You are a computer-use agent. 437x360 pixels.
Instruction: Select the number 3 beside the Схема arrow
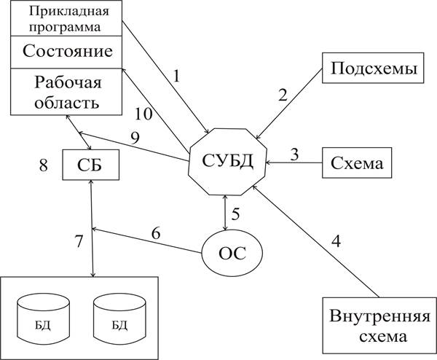294,154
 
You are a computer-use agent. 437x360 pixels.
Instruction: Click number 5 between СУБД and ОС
235,214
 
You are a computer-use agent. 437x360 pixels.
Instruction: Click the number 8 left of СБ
43,165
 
